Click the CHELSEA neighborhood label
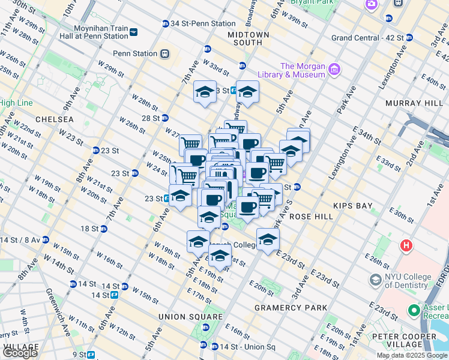point(54,119)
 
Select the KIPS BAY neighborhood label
point(354,205)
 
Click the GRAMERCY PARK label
point(291,307)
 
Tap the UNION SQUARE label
point(191,316)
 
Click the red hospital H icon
point(407,245)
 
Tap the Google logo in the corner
point(20,353)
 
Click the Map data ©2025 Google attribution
point(412,355)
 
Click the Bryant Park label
point(312,2)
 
